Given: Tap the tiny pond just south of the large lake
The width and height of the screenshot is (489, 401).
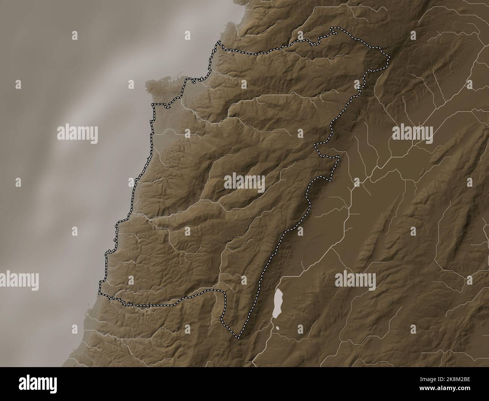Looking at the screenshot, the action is tap(278, 328).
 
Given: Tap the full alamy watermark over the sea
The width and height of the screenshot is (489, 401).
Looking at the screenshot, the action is tap(77, 134).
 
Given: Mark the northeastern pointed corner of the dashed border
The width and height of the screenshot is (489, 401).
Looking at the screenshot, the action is tap(389, 57).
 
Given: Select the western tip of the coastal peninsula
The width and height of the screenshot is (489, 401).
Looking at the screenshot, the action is tap(146, 84).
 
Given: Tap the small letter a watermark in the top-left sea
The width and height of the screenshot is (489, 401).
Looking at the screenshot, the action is tap(75, 36).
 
